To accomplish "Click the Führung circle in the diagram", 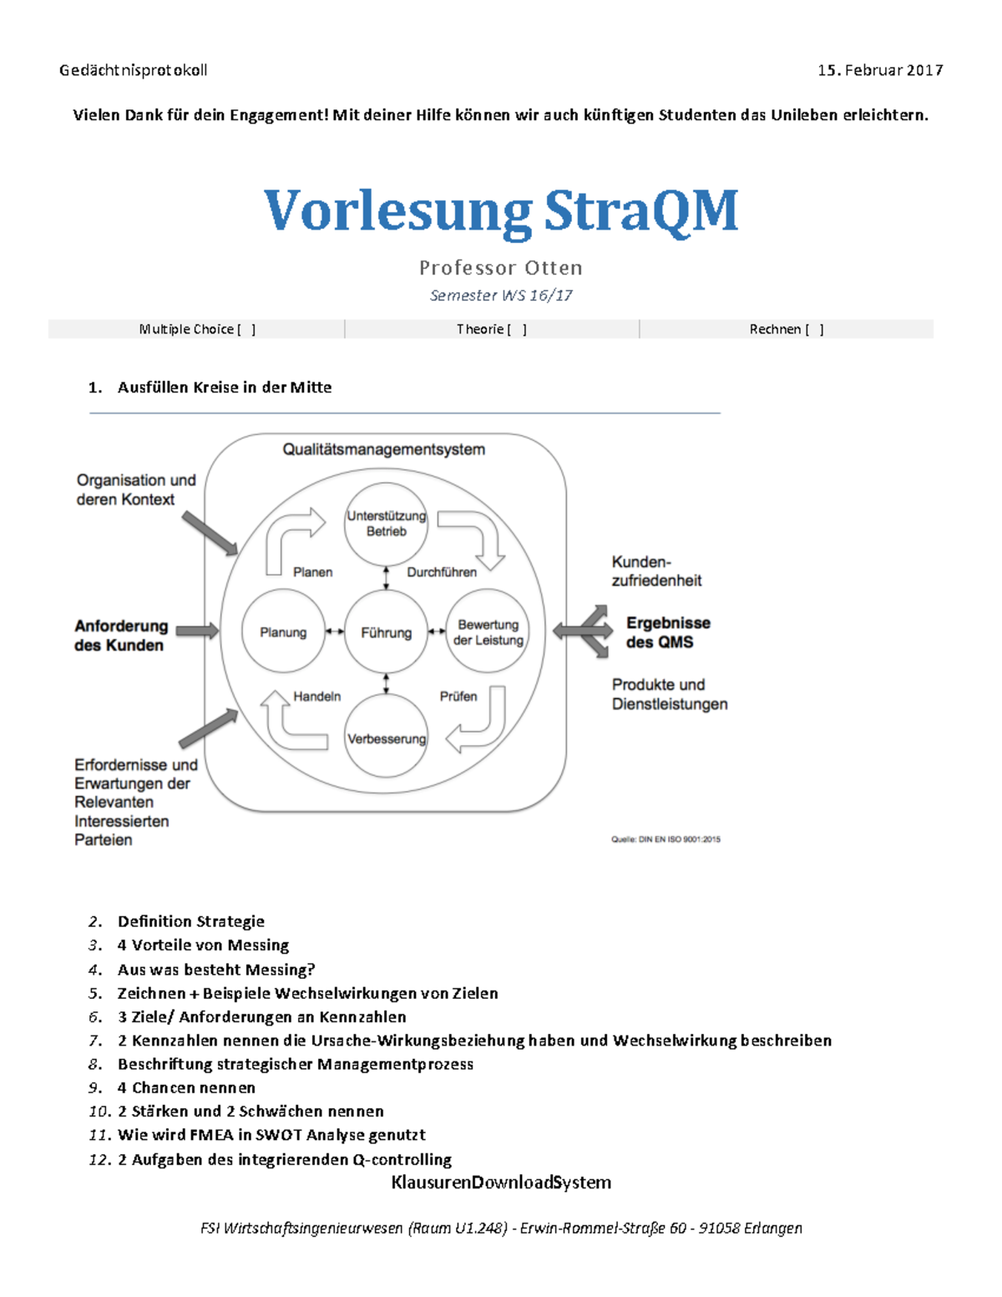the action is [386, 632].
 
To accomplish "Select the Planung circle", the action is [283, 632].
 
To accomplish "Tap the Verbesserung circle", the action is [387, 738].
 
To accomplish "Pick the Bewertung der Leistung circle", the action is [488, 632].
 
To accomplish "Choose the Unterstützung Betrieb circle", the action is [387, 524].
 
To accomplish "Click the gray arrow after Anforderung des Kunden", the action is [197, 631].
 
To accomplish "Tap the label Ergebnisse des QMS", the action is [668, 632].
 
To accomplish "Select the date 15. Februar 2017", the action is [880, 70].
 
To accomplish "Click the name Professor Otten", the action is [501, 268].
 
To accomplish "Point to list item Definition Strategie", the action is [191, 921].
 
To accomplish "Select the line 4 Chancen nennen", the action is [186, 1087].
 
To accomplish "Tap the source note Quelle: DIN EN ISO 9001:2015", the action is [665, 839].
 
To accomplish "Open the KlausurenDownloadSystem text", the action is [501, 1183].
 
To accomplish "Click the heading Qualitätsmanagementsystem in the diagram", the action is [383, 449].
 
